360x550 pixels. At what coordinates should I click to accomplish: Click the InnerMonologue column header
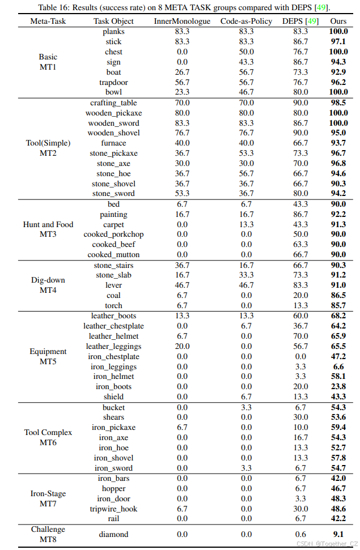(182, 21)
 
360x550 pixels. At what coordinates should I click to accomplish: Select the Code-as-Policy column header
(247, 21)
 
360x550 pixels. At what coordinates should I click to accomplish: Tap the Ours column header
(338, 21)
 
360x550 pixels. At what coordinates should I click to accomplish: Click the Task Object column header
(113, 21)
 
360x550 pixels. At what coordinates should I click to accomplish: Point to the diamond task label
(113, 534)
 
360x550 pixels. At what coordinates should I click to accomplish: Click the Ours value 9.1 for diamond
(338, 534)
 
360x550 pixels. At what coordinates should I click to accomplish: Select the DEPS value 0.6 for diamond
(300, 534)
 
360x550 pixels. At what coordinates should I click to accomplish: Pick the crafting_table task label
(113, 103)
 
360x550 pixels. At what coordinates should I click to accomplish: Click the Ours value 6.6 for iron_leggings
(338, 366)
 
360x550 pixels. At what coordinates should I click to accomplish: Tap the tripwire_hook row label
(113, 509)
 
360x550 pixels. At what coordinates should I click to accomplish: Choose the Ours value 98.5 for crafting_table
(338, 103)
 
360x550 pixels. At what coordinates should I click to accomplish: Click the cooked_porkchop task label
(113, 235)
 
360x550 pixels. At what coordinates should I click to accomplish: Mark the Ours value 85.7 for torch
(338, 305)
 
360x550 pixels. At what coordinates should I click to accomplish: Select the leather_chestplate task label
(113, 326)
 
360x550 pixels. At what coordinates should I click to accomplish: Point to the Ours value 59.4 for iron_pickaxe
(338, 428)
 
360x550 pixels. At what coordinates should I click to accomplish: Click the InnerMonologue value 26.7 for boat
(182, 72)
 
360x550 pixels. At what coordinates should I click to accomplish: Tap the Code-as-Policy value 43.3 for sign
(247, 62)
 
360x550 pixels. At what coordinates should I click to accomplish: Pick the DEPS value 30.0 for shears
(300, 417)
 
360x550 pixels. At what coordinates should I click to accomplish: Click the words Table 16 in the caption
(54, 7)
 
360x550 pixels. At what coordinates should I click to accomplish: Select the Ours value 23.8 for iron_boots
(338, 387)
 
